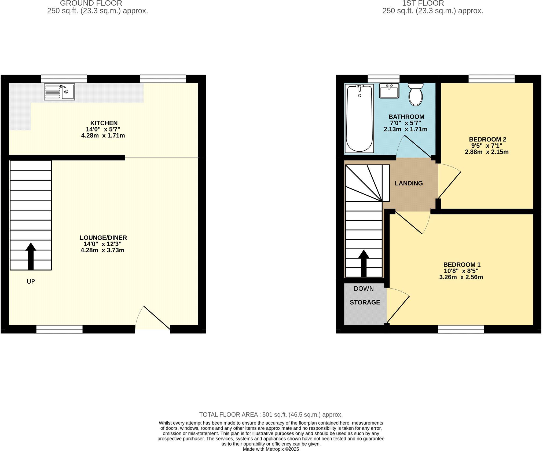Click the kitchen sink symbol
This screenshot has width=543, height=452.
pos(59,92)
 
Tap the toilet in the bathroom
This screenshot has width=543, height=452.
pos(416,94)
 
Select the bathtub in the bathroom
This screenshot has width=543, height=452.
pos(359,118)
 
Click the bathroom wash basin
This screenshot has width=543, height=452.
pos(389,91)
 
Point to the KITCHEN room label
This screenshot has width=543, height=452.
pos(104,123)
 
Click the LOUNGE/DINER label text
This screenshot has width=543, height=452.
pos(103,238)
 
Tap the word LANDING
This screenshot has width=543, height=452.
pos(409,183)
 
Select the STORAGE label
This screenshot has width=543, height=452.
pos(365,302)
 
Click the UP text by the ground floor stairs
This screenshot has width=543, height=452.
pos(31,282)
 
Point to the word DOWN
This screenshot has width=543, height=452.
pos(364,289)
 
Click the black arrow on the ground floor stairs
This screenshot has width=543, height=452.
pos(31,256)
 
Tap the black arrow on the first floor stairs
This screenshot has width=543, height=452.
pos(364,263)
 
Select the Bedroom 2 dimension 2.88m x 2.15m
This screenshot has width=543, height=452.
pos(486,152)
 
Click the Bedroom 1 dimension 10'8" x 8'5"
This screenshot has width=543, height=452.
pos(461,271)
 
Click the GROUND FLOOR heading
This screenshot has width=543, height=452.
pos(91,3)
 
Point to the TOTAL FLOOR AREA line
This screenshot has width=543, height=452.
pos(271,415)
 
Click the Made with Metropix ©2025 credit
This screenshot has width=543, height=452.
pos(271,449)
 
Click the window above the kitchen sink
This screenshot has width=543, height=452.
pos(64,79)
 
